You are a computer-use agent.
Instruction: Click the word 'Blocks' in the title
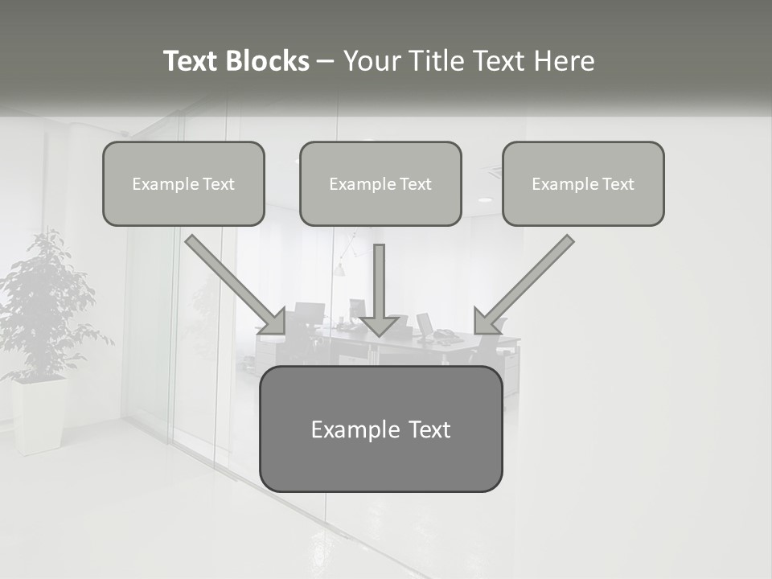[267, 61]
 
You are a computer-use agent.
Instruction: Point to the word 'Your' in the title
[372, 61]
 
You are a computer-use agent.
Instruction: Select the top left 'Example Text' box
[183, 183]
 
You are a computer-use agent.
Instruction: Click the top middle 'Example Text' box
[380, 183]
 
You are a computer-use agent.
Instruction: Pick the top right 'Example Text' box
[583, 183]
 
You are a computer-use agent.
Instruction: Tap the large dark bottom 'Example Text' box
[381, 429]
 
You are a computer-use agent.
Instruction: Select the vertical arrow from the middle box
[380, 281]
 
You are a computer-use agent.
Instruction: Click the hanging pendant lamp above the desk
[339, 269]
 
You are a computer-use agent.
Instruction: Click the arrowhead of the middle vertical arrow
[380, 325]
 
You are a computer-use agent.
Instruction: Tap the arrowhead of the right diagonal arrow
[484, 322]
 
